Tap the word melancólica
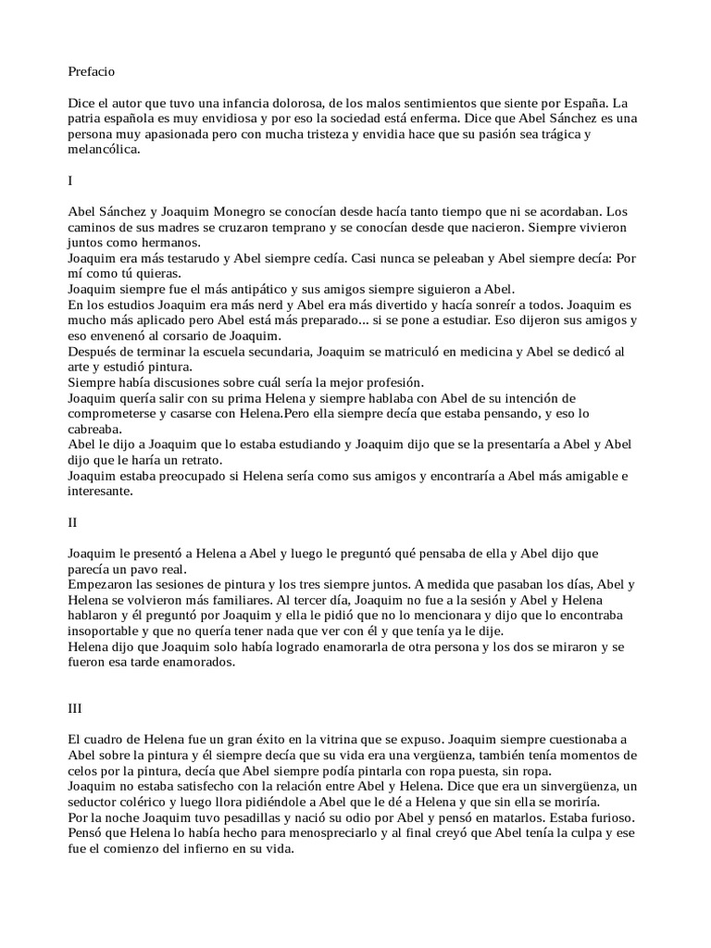(104, 150)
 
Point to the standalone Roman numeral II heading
(73, 523)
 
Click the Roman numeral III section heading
(75, 708)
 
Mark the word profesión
(392, 383)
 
